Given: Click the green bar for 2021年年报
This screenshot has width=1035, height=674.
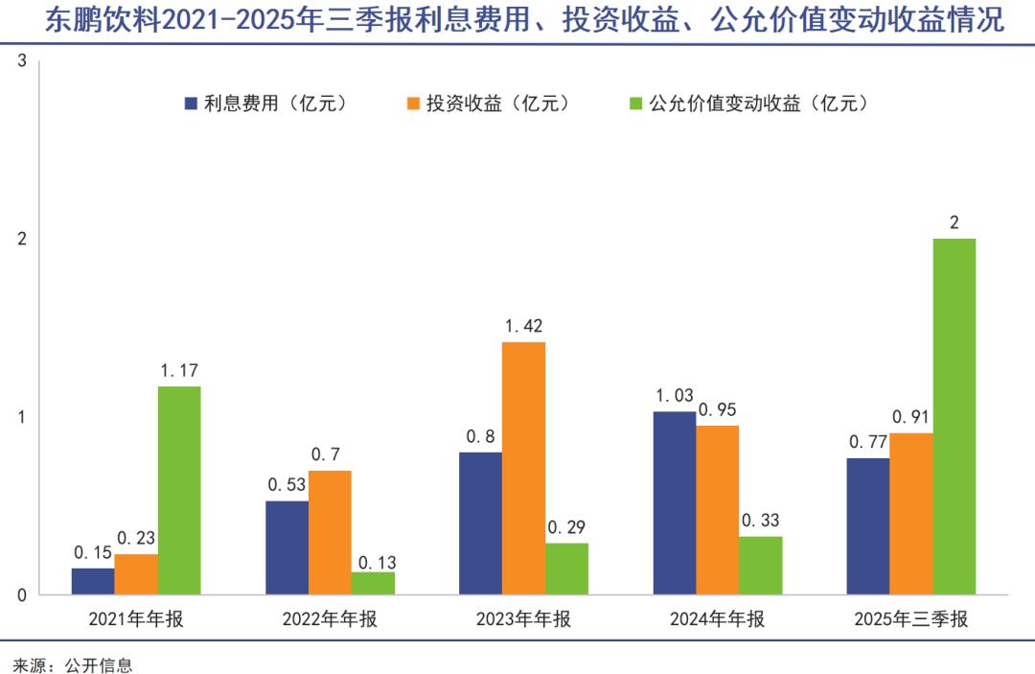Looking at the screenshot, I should [179, 490].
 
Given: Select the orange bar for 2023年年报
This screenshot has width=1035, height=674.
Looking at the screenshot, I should [523, 468].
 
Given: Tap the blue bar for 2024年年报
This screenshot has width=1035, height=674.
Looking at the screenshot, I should [674, 502].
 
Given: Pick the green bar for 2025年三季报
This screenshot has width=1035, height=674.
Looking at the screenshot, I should [954, 416].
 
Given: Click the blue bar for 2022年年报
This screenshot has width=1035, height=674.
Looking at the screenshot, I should [287, 547].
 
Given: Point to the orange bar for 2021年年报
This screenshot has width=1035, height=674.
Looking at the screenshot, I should [136, 573].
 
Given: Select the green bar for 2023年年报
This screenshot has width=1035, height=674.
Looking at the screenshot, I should [567, 569].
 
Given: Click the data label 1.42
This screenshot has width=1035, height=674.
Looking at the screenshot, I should [523, 327].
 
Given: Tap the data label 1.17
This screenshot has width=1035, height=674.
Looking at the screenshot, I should [179, 371].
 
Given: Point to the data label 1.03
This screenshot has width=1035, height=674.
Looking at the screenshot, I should [674, 396].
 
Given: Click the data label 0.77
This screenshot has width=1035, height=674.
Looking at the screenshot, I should [866, 443].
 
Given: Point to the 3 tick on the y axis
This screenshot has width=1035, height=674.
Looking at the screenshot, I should [22, 62].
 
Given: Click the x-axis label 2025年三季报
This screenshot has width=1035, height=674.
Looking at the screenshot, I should [910, 619].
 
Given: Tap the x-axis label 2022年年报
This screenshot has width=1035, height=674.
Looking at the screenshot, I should [330, 619].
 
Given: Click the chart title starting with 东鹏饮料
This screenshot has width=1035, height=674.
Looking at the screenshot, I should [517, 21].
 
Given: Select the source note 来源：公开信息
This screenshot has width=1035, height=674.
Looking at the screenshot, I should [72, 664].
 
